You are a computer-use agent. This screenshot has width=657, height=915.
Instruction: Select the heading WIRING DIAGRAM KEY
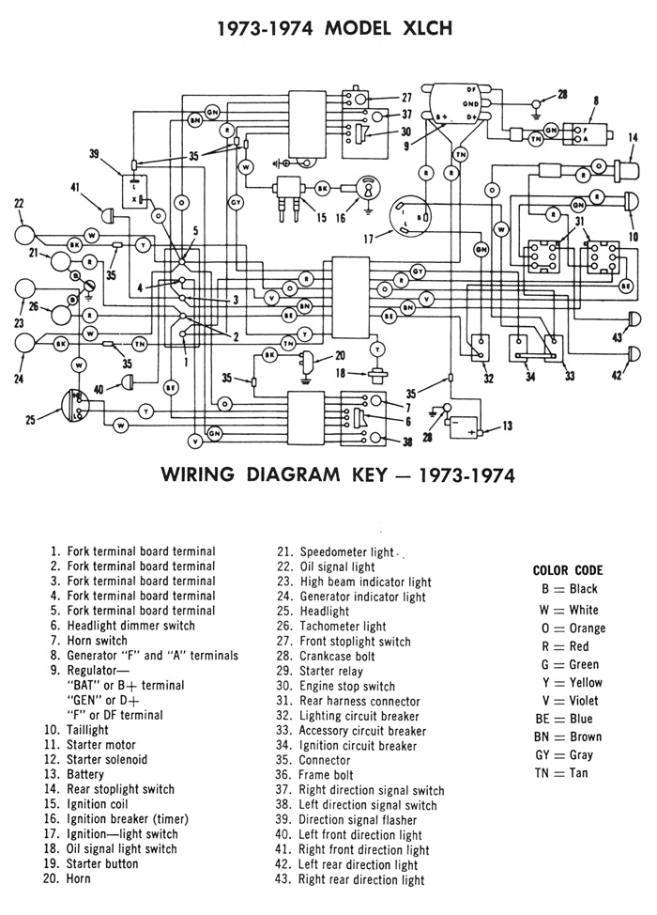328,475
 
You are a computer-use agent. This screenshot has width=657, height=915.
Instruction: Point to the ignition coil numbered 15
289,194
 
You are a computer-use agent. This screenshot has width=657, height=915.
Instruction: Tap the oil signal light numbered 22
28,232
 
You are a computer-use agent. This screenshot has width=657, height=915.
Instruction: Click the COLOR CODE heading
567,570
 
